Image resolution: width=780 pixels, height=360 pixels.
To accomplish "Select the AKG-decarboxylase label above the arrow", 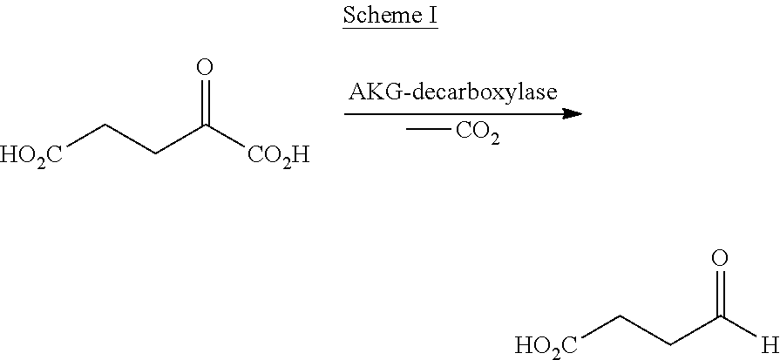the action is (x=452, y=92).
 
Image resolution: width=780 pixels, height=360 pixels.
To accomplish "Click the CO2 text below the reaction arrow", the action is (x=477, y=133).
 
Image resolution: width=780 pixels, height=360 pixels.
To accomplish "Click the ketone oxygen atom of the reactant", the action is (x=205, y=67).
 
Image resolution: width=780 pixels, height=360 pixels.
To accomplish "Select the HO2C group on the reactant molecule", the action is (x=31, y=156).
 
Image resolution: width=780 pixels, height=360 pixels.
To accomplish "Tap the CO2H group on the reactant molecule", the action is (x=278, y=156).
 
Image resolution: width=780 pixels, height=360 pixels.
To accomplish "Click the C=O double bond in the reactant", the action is (x=205, y=101).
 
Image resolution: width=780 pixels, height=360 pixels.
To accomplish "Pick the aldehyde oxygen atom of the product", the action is (x=720, y=258).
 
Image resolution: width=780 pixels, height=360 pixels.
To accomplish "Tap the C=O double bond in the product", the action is (x=720, y=293).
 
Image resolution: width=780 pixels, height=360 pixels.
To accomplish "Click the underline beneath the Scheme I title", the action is (x=390, y=29).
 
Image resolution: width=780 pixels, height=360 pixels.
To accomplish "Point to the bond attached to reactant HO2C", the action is (x=85, y=135).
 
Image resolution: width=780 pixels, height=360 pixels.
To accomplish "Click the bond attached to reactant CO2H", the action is (x=225, y=135).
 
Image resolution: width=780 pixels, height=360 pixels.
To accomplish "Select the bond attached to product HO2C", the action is (x=600, y=327).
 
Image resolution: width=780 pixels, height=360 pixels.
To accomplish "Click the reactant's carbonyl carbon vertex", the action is (x=205, y=125).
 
